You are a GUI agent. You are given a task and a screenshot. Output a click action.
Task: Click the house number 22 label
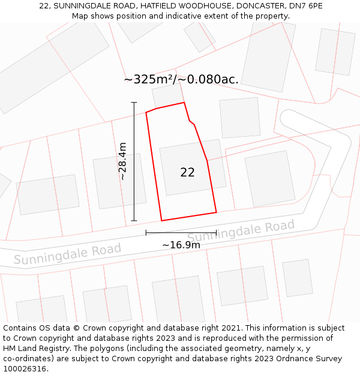coord(187,172)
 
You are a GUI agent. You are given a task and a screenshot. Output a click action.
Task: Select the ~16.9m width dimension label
coord(181,245)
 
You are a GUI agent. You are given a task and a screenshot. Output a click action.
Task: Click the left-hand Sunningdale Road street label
coord(67,254)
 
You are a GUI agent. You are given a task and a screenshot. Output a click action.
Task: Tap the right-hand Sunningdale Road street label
coord(241,232)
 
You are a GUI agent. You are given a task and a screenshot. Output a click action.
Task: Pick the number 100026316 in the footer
coord(25,369)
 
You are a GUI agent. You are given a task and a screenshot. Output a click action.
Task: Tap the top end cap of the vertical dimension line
coord(134,103)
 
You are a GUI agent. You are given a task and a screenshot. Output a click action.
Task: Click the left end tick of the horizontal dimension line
coord(146,233)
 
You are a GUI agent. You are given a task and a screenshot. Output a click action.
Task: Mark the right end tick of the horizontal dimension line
coord(216,233)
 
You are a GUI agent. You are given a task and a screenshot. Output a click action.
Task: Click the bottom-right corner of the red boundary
coord(216,212)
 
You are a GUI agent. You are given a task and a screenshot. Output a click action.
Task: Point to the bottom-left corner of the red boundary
coord(161,220)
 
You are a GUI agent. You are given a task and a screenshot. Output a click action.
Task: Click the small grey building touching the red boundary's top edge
coord(167,95)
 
